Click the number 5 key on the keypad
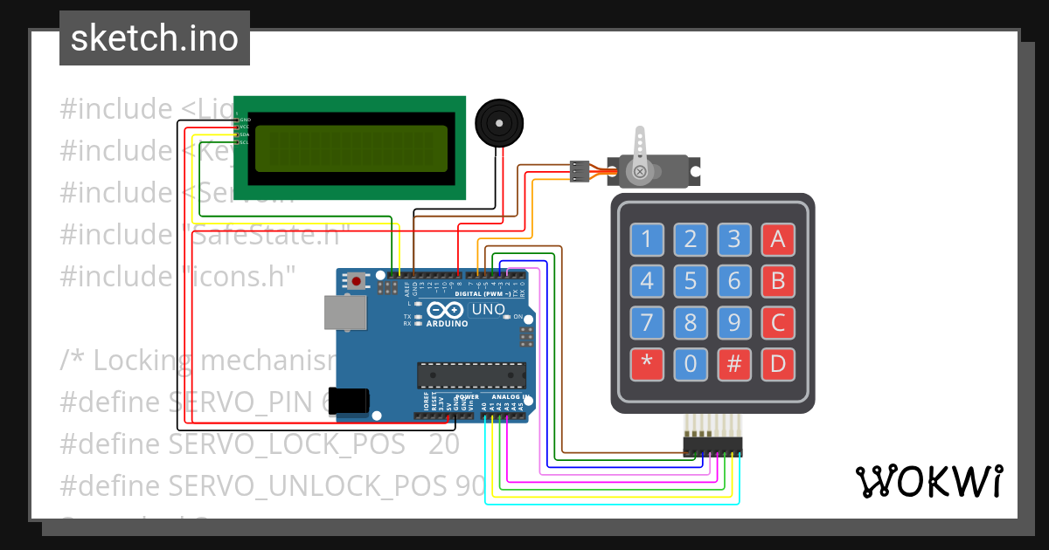coord(691,281)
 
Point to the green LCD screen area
coord(350,148)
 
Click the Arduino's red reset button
coord(357,281)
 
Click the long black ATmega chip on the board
coord(472,374)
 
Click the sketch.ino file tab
coord(155,38)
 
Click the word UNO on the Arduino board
coord(488,309)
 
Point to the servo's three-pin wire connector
coord(579,170)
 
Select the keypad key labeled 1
coord(647,238)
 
